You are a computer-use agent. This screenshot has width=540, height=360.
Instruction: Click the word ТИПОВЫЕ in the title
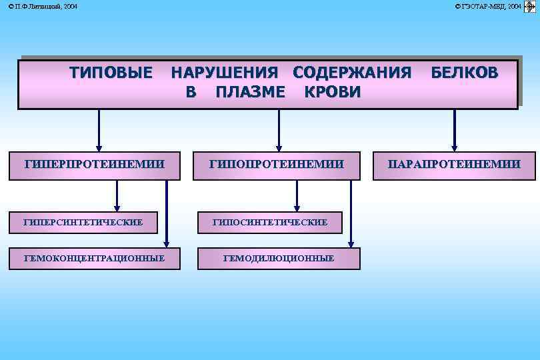point(111,73)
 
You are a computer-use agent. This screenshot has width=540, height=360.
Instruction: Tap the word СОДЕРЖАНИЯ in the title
point(352,73)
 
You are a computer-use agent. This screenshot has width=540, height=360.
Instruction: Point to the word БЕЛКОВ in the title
point(464,73)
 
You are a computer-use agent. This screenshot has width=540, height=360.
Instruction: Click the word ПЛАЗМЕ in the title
point(251,92)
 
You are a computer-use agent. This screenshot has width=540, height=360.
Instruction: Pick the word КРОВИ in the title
point(332,92)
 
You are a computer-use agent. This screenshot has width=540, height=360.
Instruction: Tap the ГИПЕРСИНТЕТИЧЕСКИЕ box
point(83,222)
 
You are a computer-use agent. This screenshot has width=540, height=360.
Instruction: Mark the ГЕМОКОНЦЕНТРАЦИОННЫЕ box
point(94,258)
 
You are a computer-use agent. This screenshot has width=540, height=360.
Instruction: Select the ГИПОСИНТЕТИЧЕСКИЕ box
point(269,222)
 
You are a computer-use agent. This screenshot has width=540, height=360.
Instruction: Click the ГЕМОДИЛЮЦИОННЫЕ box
point(279,258)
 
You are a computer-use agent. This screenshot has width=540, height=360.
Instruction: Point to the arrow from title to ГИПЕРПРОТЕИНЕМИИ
point(99,130)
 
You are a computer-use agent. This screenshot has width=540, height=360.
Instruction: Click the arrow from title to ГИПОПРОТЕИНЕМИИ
point(279,130)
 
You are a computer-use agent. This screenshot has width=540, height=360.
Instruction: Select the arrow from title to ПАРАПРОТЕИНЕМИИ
point(455,130)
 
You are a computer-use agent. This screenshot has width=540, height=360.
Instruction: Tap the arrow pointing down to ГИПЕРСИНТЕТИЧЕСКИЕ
point(117,196)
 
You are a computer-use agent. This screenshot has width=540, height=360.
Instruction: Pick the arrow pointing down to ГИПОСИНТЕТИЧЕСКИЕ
point(297,196)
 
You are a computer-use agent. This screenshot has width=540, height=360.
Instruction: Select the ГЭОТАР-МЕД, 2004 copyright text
point(489,6)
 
